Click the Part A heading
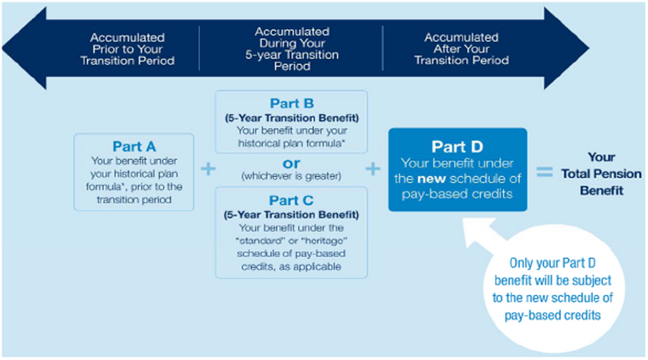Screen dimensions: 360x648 [x=134, y=147]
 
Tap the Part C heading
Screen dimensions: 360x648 [x=291, y=200]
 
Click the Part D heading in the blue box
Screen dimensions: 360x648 [x=457, y=147]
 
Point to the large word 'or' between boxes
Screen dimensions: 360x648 [x=291, y=164]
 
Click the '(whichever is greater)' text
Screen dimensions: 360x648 [x=291, y=177]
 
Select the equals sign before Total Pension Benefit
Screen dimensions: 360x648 [x=544, y=172]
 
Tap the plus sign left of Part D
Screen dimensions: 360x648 [x=373, y=169]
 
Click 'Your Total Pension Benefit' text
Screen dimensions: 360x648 [x=601, y=174]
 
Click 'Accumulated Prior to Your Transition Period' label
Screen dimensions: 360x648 [x=127, y=49]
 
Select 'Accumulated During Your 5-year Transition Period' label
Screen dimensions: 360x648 [x=292, y=49]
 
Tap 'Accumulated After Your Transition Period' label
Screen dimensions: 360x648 [x=461, y=49]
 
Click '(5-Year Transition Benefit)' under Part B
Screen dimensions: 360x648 [x=291, y=118]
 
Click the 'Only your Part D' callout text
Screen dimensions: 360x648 [x=552, y=263]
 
